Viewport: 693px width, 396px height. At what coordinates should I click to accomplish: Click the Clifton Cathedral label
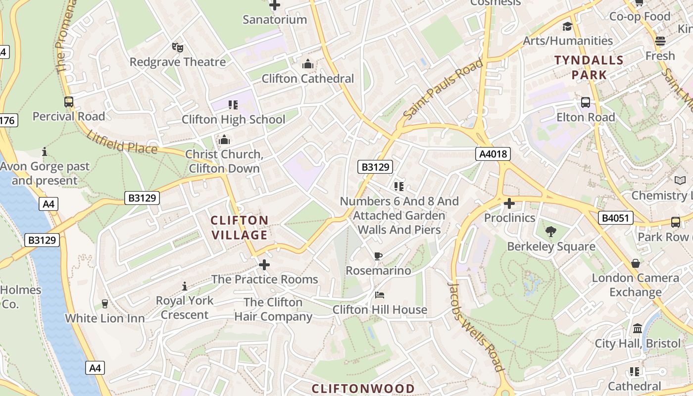[308, 78]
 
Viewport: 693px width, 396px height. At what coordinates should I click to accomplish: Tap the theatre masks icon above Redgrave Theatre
[178, 48]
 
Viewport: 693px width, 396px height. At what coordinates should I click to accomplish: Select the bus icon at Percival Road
[69, 102]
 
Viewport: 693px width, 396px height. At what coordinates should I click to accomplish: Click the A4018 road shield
[494, 154]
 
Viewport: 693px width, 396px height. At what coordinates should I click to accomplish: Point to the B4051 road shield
[616, 218]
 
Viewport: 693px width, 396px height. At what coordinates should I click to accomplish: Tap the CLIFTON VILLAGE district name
[240, 227]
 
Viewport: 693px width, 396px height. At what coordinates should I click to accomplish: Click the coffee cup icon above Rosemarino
[378, 256]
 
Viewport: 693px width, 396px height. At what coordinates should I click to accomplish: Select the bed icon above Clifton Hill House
[380, 295]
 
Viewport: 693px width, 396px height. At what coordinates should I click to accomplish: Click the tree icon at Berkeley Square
[550, 232]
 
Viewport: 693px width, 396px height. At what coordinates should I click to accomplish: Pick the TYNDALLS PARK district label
[589, 68]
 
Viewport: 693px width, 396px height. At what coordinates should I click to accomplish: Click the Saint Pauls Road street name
[443, 89]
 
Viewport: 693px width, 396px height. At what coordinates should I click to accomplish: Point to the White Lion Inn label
[105, 318]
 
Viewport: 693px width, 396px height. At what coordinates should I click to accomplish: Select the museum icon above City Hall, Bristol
[638, 328]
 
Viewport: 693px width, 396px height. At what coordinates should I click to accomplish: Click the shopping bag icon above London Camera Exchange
[636, 263]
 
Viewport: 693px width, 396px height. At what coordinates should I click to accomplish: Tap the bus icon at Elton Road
[586, 102]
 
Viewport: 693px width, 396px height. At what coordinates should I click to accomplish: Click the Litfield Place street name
[121, 142]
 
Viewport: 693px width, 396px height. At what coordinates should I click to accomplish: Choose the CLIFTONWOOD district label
[363, 388]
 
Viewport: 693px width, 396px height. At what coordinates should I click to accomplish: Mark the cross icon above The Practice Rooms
[264, 265]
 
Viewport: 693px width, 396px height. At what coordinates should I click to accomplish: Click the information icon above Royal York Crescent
[185, 286]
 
